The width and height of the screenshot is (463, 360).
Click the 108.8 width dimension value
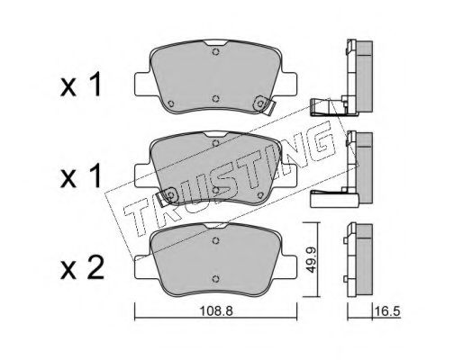(x=216, y=311)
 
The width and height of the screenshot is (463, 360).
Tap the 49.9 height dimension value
(x=311, y=259)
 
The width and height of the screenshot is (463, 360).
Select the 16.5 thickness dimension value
(x=387, y=311)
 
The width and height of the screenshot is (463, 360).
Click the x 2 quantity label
(x=82, y=268)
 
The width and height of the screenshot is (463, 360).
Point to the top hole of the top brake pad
(x=215, y=51)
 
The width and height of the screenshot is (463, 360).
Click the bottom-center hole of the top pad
(x=215, y=99)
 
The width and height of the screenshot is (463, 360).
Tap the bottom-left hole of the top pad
(x=171, y=103)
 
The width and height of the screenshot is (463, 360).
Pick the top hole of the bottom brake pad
(x=215, y=240)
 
